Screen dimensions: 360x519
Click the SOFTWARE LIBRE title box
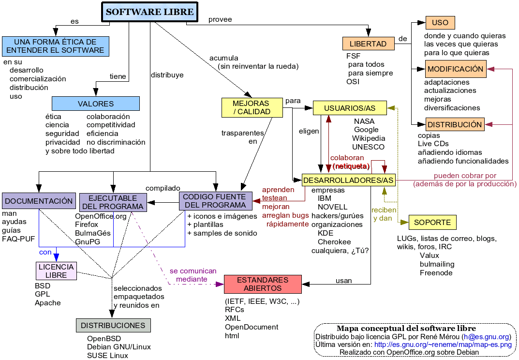coord(149,12)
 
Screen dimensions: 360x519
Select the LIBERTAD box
coord(368,44)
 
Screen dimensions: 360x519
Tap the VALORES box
coord(96,104)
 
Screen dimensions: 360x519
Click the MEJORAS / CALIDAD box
coord(251,107)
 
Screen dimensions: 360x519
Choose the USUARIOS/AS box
coord(350,108)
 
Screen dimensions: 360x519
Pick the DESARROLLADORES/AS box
coord(348,180)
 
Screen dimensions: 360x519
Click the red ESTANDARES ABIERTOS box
coord(263,284)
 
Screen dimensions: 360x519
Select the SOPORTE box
coord(432,223)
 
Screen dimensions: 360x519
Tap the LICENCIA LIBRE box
coord(56,271)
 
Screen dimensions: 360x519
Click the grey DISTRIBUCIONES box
coord(113,325)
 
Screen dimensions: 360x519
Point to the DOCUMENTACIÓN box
coord(39,201)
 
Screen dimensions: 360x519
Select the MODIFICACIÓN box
coord(455,69)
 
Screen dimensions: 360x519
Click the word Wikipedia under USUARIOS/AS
coord(369,138)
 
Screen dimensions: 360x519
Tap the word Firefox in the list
coord(87,225)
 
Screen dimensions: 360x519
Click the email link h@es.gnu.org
coord(486,337)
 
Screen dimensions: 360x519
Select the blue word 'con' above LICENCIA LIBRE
coord(45,252)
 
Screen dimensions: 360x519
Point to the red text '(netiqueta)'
coord(351,166)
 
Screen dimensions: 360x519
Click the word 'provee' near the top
coord(220,19)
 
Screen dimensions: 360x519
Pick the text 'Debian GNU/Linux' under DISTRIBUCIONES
coord(119,347)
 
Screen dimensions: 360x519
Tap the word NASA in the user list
coord(364,121)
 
